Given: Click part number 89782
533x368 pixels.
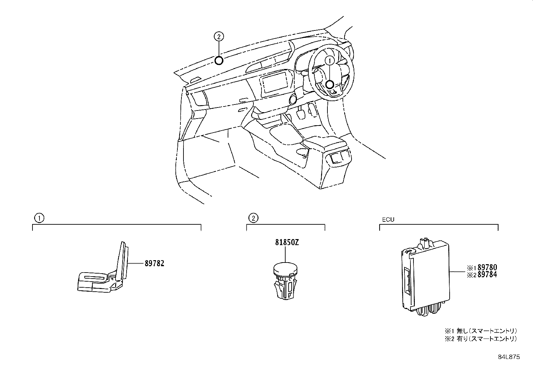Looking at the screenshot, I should [x=154, y=264].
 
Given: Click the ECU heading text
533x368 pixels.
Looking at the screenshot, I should [x=388, y=220].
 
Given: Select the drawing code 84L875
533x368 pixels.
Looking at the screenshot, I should [x=509, y=357].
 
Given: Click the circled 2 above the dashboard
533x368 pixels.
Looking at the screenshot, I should [x=218, y=36].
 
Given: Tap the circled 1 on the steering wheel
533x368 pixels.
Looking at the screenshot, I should [x=329, y=61].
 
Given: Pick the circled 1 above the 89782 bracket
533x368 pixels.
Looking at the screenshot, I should [x=39, y=219].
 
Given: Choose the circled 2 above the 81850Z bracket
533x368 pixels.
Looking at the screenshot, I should [x=253, y=219].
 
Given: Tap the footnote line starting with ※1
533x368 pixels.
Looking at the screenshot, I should [x=481, y=330].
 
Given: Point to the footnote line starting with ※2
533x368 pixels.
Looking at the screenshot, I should [x=481, y=339].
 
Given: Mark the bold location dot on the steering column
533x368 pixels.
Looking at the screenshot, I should [x=329, y=85].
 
